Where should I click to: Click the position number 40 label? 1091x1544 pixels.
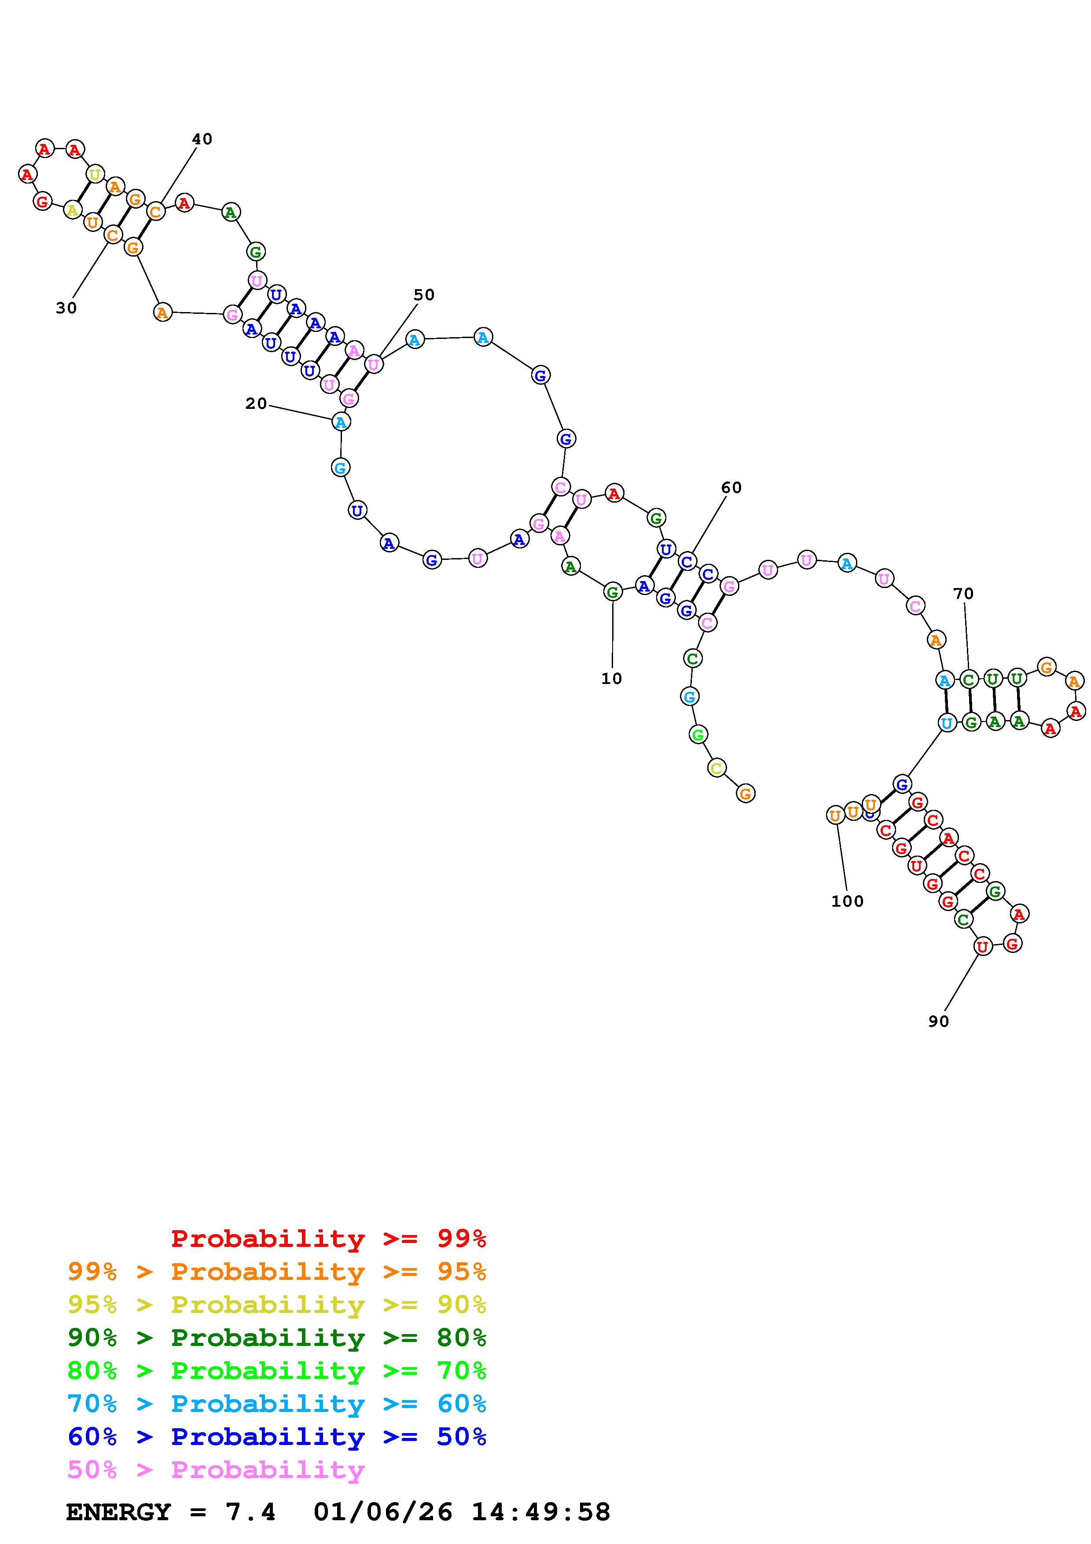[x=202, y=139]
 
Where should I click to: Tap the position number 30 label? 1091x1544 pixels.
[x=66, y=308]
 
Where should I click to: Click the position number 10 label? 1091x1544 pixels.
[x=611, y=679]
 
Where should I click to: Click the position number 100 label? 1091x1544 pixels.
[x=847, y=901]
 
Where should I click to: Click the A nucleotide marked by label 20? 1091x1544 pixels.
[x=341, y=423]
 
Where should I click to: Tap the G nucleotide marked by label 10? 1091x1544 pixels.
[x=612, y=592]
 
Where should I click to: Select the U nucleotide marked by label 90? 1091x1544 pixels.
[x=982, y=947]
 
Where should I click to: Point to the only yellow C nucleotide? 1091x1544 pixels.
[x=716, y=768]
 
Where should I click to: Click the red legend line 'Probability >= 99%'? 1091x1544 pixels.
[x=328, y=1239]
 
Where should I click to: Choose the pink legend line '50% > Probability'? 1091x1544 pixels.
[x=216, y=1469]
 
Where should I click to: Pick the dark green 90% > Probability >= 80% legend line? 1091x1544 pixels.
[x=277, y=1338]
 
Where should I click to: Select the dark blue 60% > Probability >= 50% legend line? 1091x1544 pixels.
[x=277, y=1437]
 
